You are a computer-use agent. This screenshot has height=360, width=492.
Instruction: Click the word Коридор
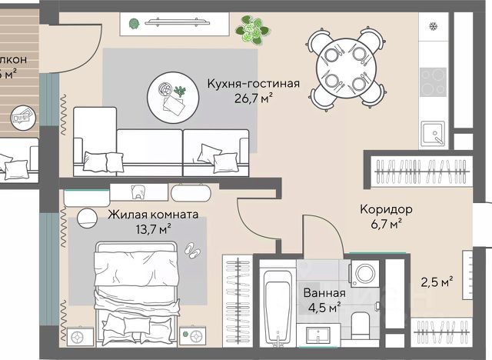[x=386, y=209]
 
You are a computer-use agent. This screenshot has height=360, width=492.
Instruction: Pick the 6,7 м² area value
[x=385, y=224]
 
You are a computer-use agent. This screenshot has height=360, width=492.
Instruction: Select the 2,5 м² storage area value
[x=435, y=281]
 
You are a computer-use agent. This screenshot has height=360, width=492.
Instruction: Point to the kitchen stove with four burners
[x=434, y=80]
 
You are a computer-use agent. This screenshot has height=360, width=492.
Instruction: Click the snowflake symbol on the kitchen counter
[x=433, y=26]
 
